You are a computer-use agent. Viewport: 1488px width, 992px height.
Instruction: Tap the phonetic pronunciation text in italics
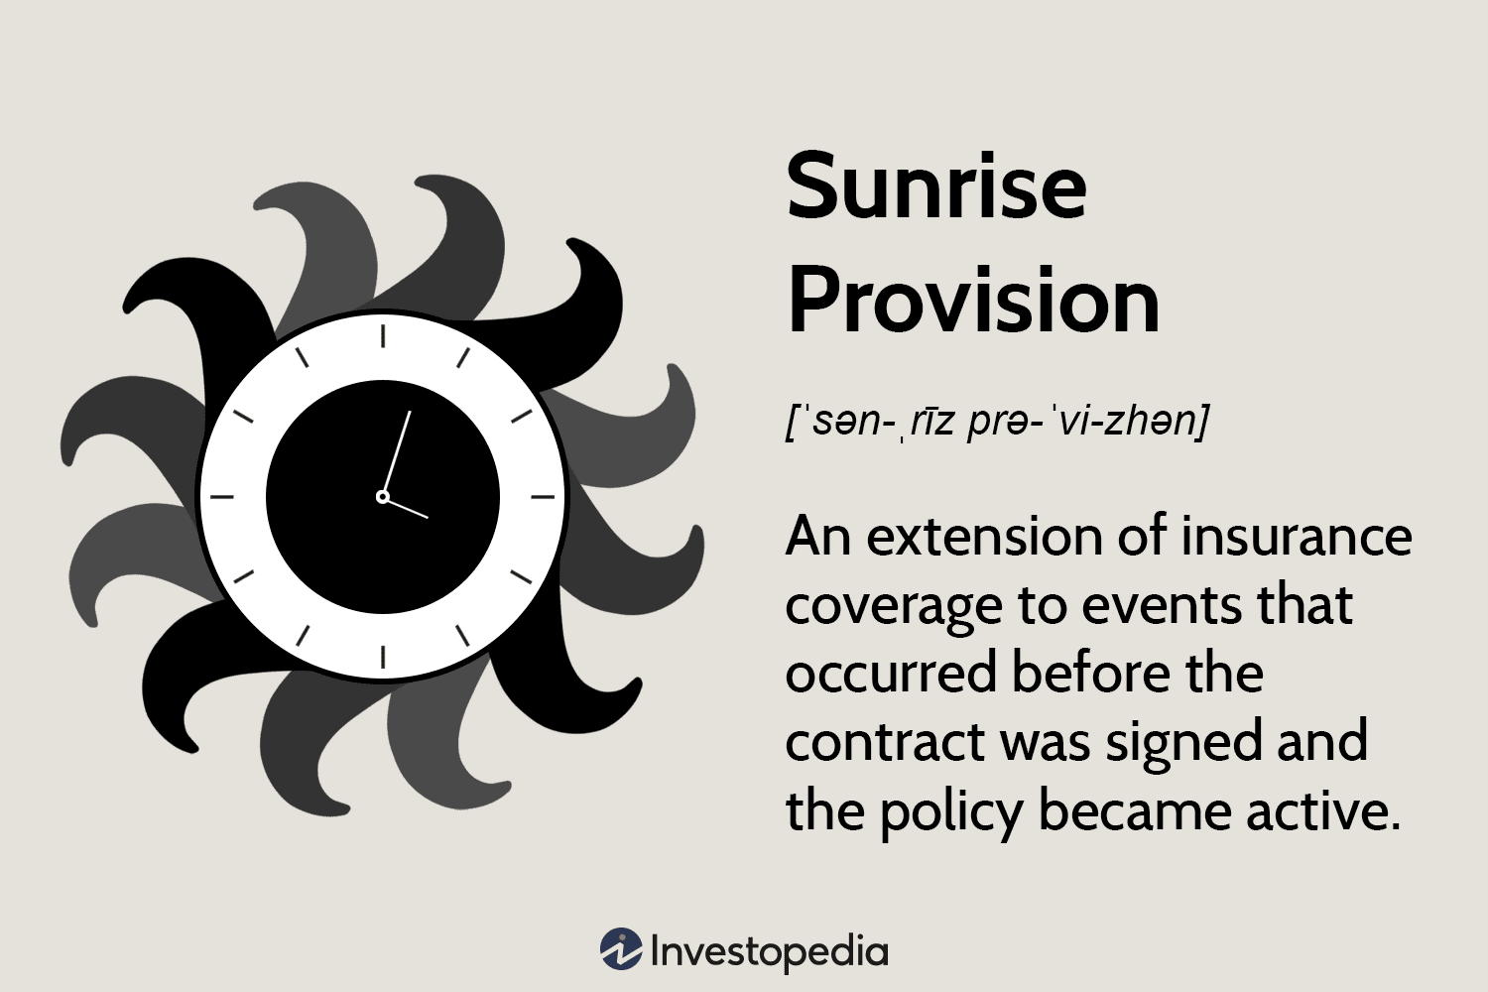click(x=996, y=422)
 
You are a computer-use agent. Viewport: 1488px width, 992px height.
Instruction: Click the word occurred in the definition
click(x=892, y=673)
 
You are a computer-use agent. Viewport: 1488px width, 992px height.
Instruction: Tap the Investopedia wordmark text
click(x=769, y=952)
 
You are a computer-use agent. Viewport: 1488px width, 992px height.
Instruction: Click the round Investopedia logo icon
click(x=621, y=948)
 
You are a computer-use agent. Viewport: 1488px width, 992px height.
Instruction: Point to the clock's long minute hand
click(x=397, y=453)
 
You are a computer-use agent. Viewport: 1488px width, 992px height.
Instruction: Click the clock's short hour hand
click(x=406, y=508)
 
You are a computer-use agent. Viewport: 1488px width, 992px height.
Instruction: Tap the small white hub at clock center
click(x=383, y=497)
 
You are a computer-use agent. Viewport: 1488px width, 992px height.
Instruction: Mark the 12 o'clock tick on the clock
click(x=383, y=336)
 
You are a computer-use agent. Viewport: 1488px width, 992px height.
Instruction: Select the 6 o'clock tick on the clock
click(x=383, y=657)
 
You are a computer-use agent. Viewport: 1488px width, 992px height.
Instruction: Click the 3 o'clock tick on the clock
click(x=544, y=497)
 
